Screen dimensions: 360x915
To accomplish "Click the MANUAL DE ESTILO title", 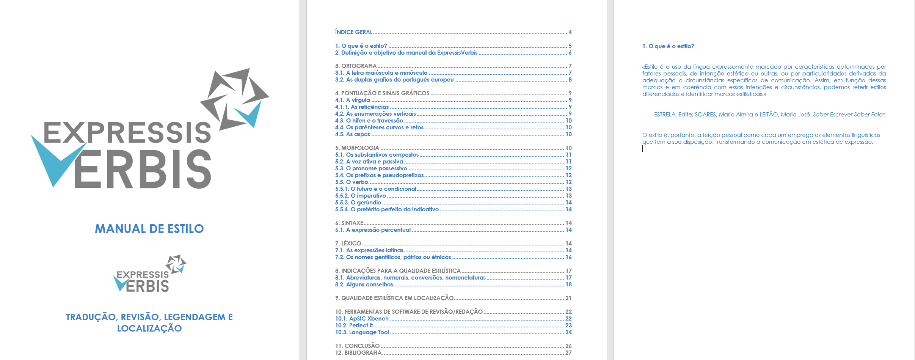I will click(149, 229).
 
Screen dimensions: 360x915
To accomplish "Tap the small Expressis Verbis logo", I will click(149, 274).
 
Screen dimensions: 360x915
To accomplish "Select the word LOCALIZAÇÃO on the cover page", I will click(149, 329).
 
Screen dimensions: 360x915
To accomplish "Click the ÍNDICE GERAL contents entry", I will click(353, 32).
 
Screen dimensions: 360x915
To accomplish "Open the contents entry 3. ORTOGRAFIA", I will click(356, 66).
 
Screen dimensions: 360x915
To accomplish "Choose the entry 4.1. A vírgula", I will click(352, 100).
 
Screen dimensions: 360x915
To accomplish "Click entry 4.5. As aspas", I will click(352, 134).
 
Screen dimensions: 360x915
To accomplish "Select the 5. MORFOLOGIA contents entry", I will click(357, 148).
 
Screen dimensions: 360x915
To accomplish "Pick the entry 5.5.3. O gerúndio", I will click(358, 203).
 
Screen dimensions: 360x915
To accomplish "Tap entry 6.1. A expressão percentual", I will click(373, 230).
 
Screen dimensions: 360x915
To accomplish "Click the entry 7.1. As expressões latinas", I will click(369, 250).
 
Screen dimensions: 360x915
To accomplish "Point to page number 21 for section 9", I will click(568, 298).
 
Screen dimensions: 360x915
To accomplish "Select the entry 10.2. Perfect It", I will click(354, 325).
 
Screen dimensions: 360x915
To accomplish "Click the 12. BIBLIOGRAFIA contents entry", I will click(358, 353).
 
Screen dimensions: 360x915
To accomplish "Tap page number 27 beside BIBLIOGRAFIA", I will click(568, 353).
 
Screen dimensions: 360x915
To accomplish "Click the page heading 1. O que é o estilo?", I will click(668, 46).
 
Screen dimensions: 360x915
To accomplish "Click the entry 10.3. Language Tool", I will click(362, 332).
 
